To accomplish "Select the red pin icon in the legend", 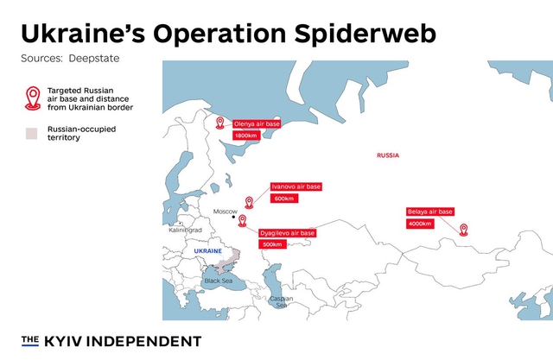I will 33,98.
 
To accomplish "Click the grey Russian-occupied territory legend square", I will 33,134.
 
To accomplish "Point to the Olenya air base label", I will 257,123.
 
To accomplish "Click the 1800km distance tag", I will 246,136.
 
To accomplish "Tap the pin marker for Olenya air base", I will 219,123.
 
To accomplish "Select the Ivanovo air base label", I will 296,186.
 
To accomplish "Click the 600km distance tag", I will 283,199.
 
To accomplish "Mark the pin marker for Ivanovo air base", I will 250,202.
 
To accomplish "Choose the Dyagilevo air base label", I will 288,233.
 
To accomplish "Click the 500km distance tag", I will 272,244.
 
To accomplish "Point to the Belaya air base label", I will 430,212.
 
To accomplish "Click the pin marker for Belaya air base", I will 463,230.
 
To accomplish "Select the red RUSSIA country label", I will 388,155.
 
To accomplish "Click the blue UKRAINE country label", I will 208,250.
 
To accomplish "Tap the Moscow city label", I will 225,212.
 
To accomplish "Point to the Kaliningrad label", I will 184,231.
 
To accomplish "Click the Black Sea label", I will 217,281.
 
